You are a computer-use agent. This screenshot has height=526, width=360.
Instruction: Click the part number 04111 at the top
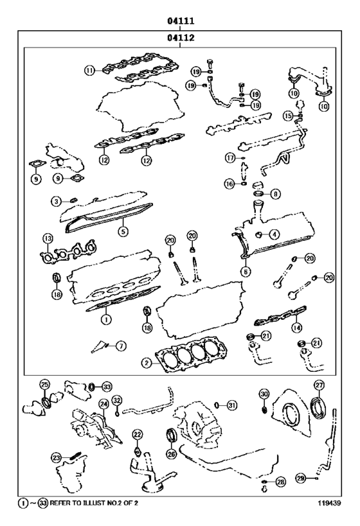[x=181, y=21]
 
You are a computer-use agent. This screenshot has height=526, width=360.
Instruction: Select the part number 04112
[x=181, y=38]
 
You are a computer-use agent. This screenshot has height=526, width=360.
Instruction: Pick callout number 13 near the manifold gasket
[x=47, y=239]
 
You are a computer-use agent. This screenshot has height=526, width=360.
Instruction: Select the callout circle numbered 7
[x=121, y=346]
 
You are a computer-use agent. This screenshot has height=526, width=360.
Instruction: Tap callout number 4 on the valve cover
[x=274, y=234]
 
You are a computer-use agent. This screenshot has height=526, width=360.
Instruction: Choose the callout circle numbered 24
[x=103, y=404]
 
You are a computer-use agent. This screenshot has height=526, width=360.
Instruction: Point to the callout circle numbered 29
[x=300, y=478]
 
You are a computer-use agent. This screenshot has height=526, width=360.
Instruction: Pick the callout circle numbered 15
[x=289, y=115]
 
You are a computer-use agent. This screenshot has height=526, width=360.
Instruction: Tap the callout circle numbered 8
[x=275, y=193]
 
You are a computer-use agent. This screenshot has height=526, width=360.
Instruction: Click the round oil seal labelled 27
[x=319, y=407]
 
